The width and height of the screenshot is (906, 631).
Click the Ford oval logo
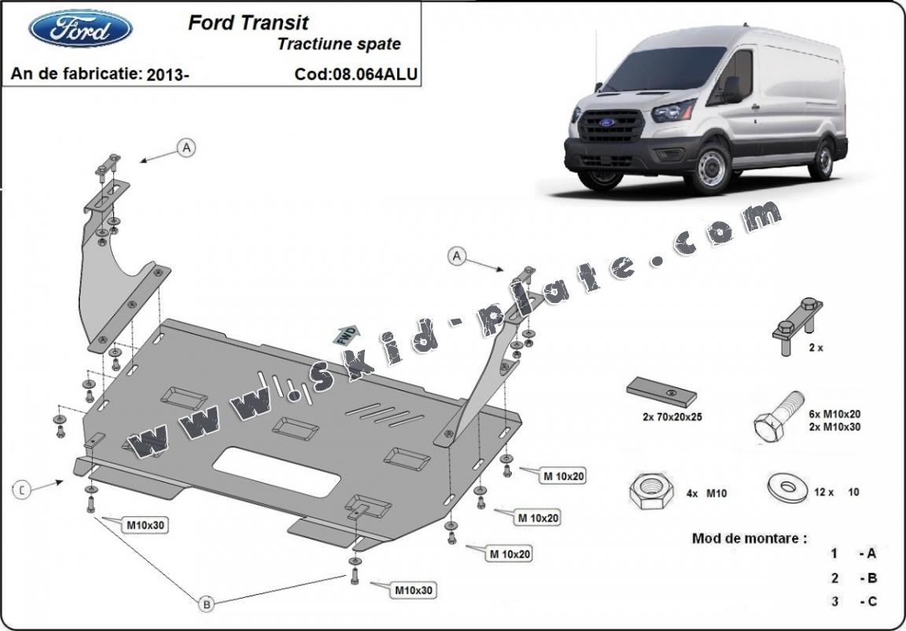[80, 29]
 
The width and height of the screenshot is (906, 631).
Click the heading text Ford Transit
[248, 23]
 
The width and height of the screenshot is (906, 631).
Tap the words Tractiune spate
[339, 44]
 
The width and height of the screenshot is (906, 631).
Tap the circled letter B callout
[206, 604]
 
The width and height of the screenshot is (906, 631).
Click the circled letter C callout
[23, 490]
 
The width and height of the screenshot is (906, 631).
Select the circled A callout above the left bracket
[186, 147]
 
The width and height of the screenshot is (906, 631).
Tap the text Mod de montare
[749, 539]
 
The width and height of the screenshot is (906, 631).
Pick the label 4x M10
[706, 493]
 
